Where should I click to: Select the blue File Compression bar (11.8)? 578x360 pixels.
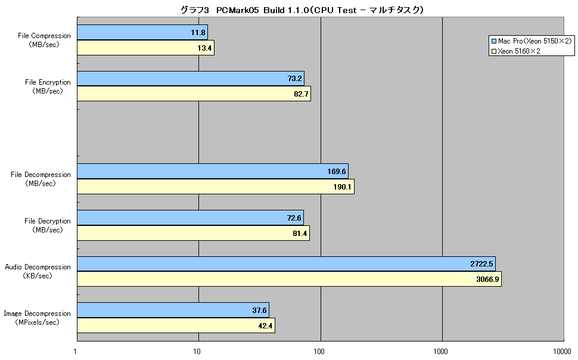[x=142, y=32]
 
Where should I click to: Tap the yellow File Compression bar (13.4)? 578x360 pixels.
[x=145, y=48]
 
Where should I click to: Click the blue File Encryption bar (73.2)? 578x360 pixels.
[x=191, y=79]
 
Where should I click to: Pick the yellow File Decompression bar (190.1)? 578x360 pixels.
[x=216, y=187]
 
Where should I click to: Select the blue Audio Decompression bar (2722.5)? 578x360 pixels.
[x=287, y=263]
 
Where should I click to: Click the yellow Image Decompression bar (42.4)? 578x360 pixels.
[x=176, y=325]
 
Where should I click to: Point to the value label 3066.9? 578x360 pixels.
[x=487, y=279]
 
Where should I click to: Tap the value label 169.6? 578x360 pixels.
[x=337, y=172]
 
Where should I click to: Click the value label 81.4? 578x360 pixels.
[x=300, y=234]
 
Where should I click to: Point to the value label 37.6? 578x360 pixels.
[x=259, y=310]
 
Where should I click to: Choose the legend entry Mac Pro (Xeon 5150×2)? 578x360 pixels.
[x=531, y=41]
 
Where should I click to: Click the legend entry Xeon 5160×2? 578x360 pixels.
[x=515, y=51]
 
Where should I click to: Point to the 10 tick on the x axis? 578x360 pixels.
[x=197, y=351]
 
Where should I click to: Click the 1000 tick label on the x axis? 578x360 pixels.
[x=440, y=351]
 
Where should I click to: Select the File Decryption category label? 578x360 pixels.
[x=48, y=225]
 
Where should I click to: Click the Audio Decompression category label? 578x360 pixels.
[x=38, y=271]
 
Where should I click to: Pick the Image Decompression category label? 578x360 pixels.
[x=37, y=318]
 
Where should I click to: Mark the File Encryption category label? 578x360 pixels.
[x=48, y=86]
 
